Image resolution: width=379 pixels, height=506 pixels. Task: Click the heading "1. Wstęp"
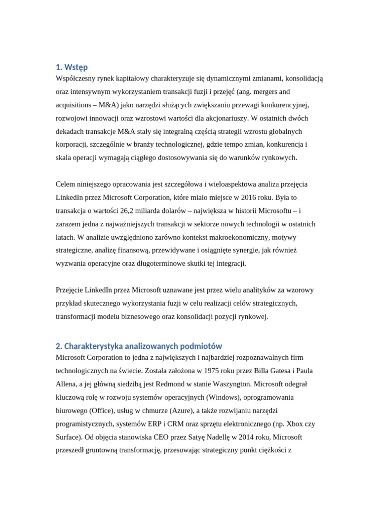tap(72, 67)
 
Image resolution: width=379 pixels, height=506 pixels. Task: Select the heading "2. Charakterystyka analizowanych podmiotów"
tap(139, 346)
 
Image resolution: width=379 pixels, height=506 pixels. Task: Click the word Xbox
tap(295, 424)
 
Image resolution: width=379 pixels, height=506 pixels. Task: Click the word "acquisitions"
tap(75, 105)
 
